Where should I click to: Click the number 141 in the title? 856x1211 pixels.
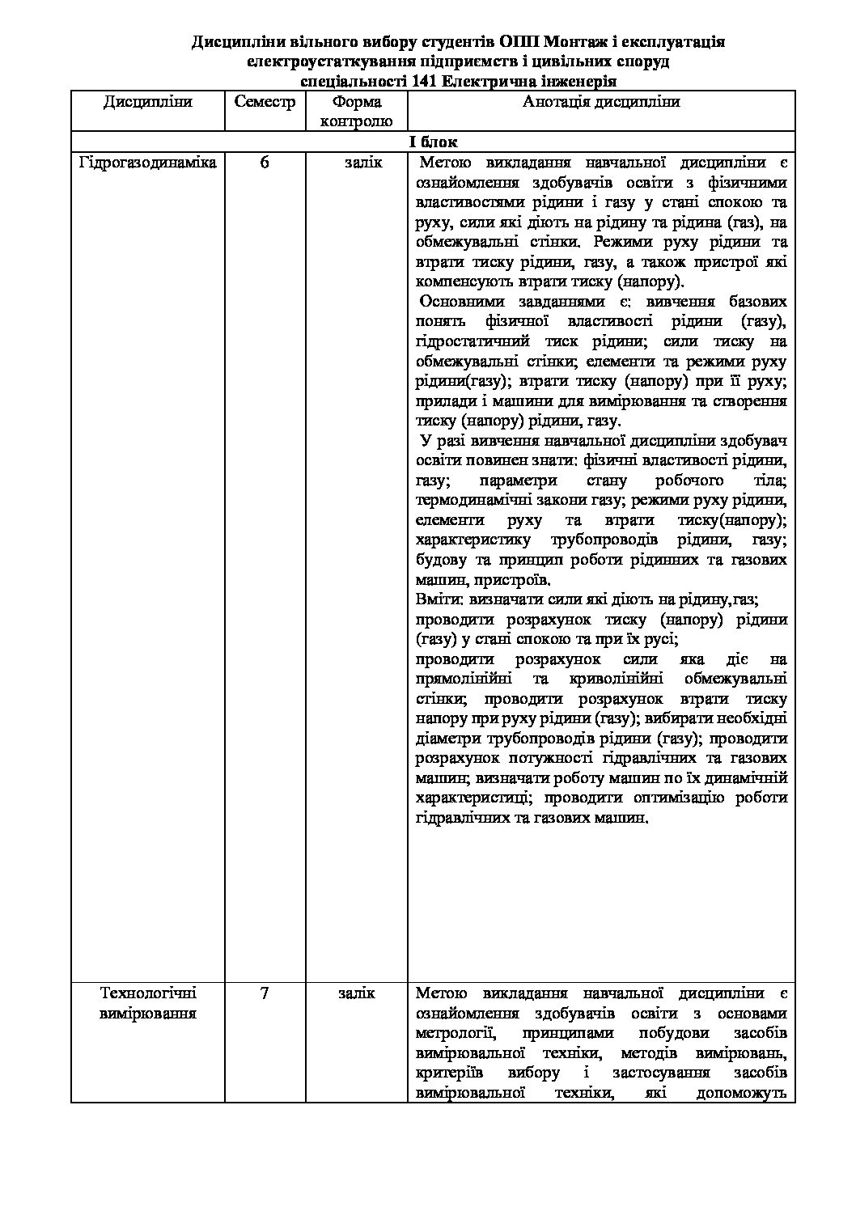(x=426, y=81)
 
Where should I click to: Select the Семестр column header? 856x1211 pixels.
(x=265, y=102)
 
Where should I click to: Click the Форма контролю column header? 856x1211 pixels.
(x=356, y=112)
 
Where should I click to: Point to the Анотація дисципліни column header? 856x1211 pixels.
(x=601, y=102)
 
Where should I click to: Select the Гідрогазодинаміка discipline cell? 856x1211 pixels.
(x=148, y=163)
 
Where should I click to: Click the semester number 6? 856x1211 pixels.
(x=265, y=163)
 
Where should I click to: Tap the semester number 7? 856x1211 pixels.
(x=265, y=993)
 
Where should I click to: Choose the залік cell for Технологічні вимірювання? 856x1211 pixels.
(x=356, y=993)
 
